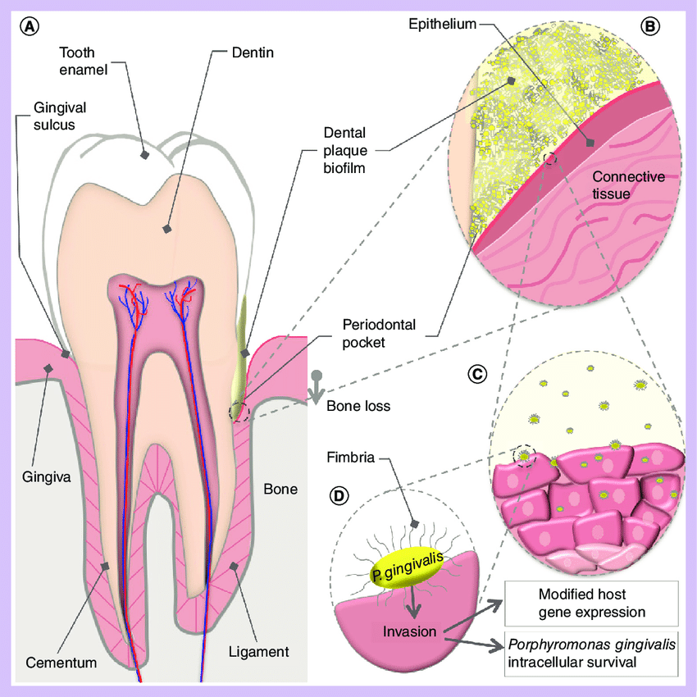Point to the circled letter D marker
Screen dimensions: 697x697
(339, 495)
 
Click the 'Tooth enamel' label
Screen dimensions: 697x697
(84, 61)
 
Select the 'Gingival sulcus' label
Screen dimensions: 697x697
(61, 116)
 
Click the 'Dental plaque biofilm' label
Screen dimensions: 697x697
(344, 151)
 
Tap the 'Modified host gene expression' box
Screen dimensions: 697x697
(591, 603)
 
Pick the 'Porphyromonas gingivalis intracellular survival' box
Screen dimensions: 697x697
(591, 654)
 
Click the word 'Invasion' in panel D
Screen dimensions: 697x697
(408, 632)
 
